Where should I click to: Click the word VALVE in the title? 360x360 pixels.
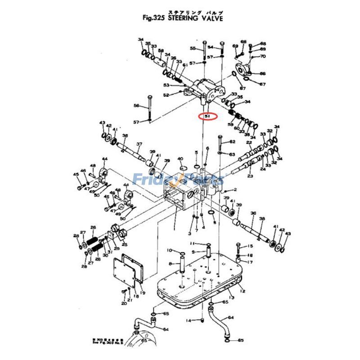tap(210, 18)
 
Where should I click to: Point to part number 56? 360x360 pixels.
tap(136, 106)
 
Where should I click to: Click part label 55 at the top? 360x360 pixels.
tap(193, 48)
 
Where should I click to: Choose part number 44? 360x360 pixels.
tap(105, 159)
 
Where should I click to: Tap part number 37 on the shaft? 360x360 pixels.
tap(139, 144)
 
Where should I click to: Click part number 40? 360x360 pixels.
tap(180, 159)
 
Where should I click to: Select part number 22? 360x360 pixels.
tap(249, 143)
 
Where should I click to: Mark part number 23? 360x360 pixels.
tap(250, 176)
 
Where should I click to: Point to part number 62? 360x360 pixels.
tap(232, 142)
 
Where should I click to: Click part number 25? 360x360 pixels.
tap(125, 244)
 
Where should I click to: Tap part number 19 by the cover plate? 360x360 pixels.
tap(142, 293)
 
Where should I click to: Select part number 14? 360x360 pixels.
tap(189, 320)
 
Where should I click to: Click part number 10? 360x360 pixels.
tap(169, 250)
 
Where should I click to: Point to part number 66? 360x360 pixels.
tap(263, 73)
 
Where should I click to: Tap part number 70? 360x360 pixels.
tap(263, 56)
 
